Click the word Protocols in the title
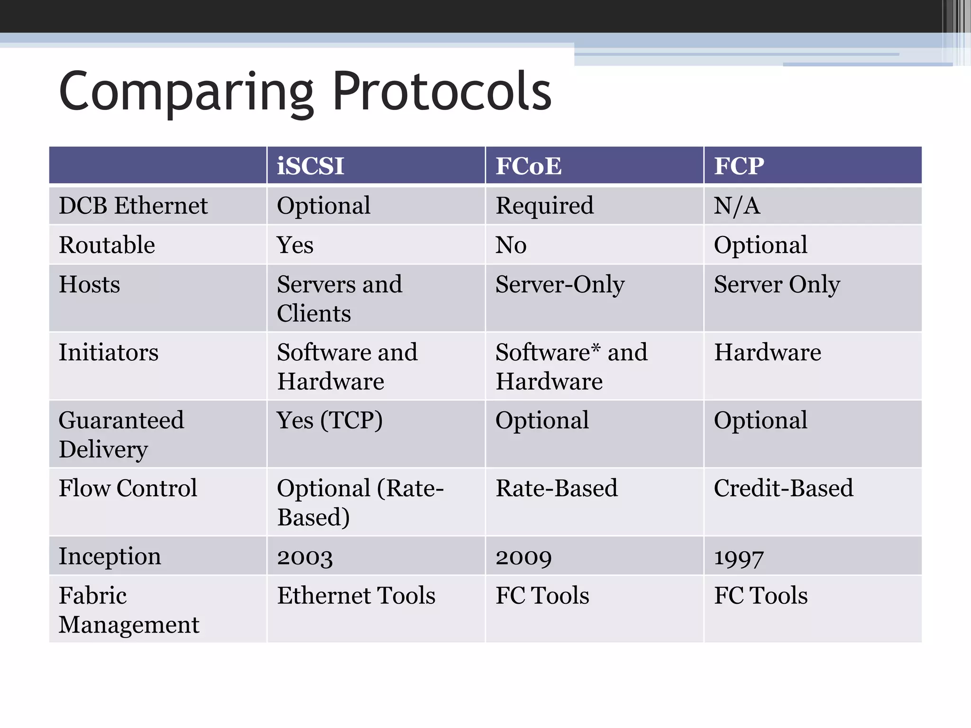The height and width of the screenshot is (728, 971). pyautogui.click(x=442, y=91)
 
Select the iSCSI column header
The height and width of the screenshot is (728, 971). pyautogui.click(x=311, y=166)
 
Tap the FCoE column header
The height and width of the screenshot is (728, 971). pyautogui.click(x=528, y=166)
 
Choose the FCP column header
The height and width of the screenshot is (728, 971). pyautogui.click(x=739, y=166)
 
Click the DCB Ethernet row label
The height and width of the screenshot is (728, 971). pyautogui.click(x=133, y=206)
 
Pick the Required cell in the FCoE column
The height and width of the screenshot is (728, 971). pyautogui.click(x=544, y=206)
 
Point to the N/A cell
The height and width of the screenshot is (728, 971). pyautogui.click(x=737, y=206)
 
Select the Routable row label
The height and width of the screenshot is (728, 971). pyautogui.click(x=107, y=245)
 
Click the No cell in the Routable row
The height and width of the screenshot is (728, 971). pyautogui.click(x=511, y=245)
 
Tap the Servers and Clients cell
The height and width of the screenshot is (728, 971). pyautogui.click(x=339, y=299)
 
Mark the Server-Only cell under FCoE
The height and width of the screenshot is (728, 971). pyautogui.click(x=560, y=284)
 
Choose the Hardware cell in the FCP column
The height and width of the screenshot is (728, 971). pyautogui.click(x=767, y=352)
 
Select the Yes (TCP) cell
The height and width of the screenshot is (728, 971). pyautogui.click(x=330, y=420)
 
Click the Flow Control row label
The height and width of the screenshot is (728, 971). pyautogui.click(x=128, y=488)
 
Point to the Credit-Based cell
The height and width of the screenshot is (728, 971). pyautogui.click(x=783, y=488)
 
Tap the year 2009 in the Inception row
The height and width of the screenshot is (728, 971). pyautogui.click(x=523, y=557)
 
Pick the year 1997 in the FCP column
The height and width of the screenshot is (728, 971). pyautogui.click(x=739, y=557)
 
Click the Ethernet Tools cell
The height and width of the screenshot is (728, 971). pyautogui.click(x=356, y=596)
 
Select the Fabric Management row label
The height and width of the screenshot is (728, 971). pyautogui.click(x=128, y=610)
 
